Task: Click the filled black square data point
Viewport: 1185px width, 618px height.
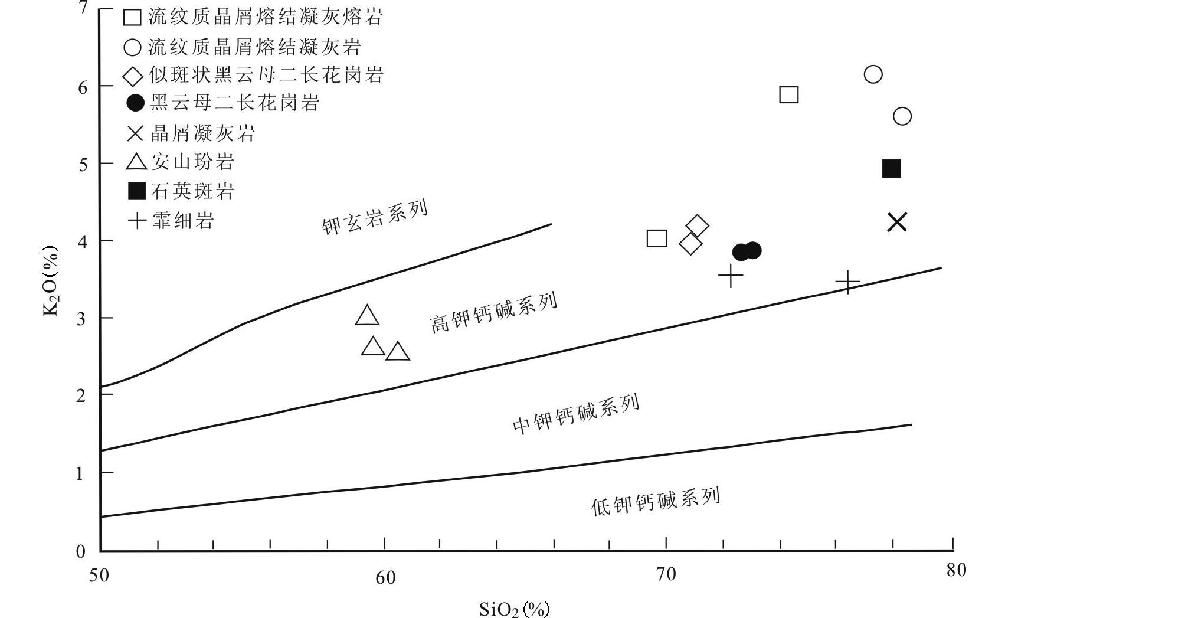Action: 891,169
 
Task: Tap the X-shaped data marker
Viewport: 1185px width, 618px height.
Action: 897,223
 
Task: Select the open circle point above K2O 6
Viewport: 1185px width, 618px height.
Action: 873,74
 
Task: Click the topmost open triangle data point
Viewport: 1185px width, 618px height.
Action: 367,316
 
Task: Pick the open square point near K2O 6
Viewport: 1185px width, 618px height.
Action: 789,94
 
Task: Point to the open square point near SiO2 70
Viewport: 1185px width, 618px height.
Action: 657,238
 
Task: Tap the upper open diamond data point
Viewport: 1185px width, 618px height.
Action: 698,225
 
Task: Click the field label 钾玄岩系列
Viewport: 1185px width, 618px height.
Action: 375,218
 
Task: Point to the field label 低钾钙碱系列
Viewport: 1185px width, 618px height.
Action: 656,502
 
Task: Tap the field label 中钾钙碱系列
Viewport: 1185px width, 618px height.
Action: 576,414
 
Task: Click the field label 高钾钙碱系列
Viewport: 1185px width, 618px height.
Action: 493,313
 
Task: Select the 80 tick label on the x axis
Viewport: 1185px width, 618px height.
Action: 955,570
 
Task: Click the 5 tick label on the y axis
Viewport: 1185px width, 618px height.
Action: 83,164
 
